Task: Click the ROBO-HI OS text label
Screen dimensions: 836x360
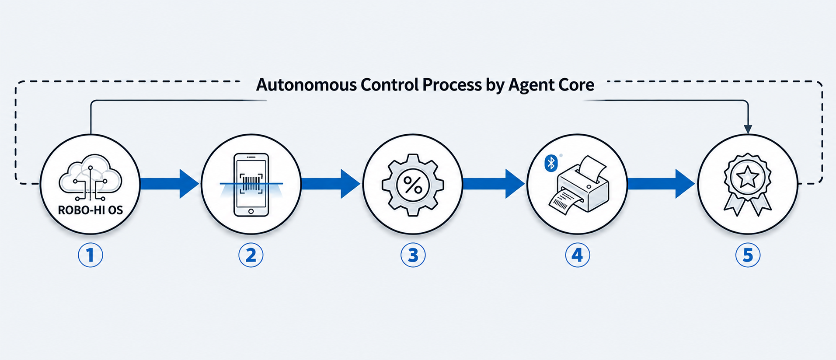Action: [91, 210]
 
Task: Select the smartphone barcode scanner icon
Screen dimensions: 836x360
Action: [251, 185]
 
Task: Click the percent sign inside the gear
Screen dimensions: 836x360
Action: [413, 185]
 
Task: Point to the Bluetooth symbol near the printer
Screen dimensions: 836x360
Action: [551, 163]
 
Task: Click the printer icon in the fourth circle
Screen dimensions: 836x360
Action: [578, 185]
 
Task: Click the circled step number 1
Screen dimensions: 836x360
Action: [91, 255]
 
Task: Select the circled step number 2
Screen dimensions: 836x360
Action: [251, 255]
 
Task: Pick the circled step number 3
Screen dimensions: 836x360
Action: [413, 255]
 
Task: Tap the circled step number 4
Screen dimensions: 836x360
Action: [578, 255]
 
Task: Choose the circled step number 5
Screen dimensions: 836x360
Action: [748, 255]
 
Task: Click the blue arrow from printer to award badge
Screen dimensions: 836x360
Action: [662, 184]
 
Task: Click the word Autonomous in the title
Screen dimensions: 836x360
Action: [306, 85]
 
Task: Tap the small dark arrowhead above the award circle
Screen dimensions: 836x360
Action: [748, 129]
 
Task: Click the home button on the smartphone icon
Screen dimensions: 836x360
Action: [251, 211]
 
